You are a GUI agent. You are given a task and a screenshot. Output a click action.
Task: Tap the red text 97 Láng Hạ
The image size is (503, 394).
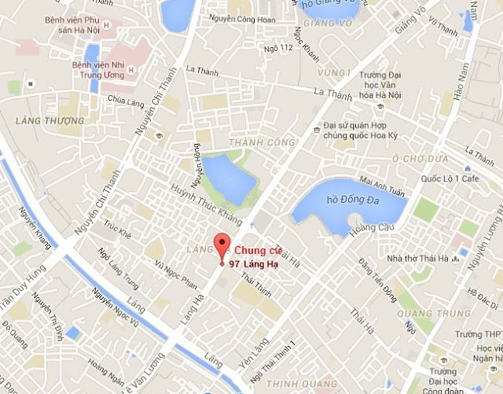point(251,263)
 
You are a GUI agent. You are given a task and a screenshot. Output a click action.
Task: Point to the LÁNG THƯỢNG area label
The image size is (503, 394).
point(49,120)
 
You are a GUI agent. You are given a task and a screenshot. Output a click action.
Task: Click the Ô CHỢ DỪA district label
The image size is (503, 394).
point(424,158)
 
